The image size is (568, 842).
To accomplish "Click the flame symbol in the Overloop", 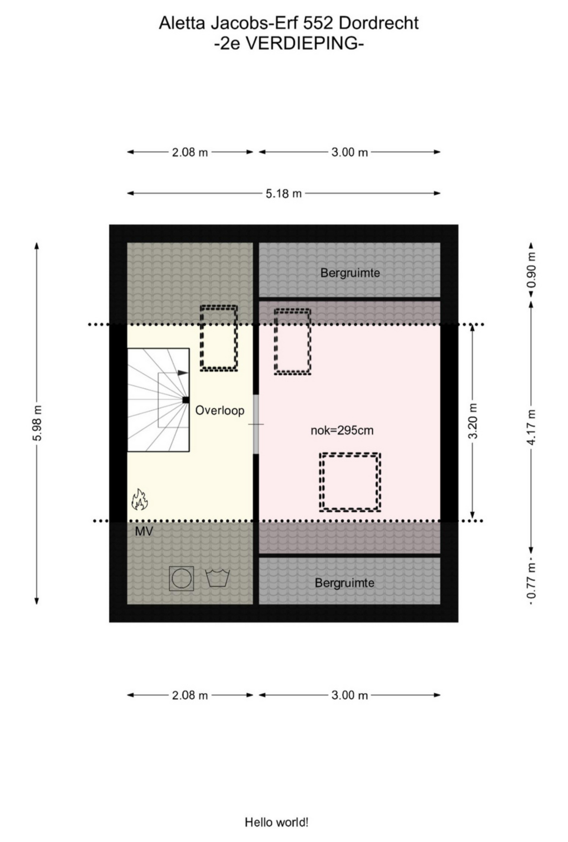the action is point(139,500).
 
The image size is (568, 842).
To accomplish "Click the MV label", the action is point(144,532).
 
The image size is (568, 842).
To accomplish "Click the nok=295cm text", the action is point(342,431).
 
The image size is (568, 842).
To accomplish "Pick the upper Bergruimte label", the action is point(350,273).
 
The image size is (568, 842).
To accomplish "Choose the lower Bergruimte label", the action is point(344,583).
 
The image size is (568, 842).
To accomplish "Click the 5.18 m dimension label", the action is point(284,194).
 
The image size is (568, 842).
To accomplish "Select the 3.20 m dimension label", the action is point(473,421).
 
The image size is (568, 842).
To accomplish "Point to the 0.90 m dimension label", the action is point(531,270).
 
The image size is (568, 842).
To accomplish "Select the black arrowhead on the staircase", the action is point(183,372).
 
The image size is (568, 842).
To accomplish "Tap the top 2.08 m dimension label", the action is point(190,153).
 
